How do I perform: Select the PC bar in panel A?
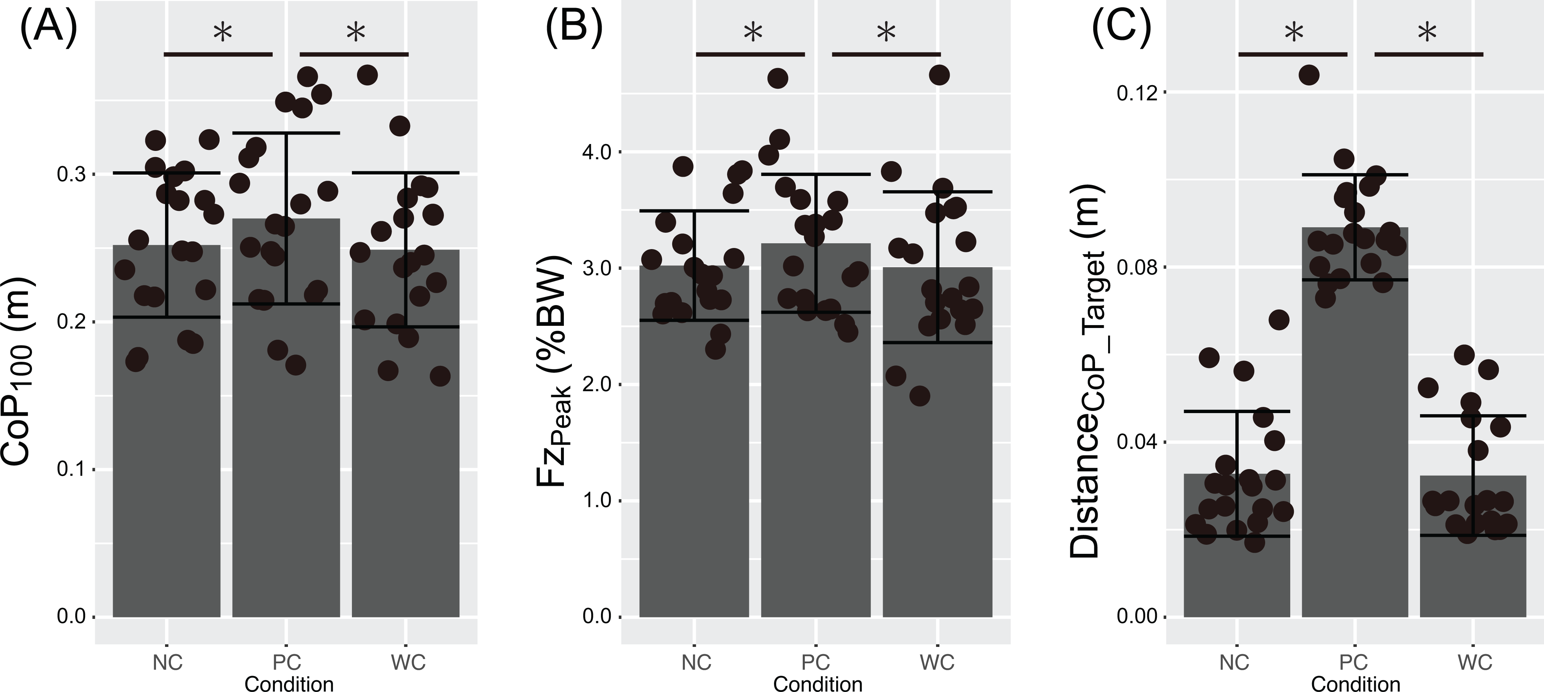tap(286, 417)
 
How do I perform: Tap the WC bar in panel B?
tap(938, 442)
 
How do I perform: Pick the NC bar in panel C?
tap(1236, 545)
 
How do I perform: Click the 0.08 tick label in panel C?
tap(1137, 267)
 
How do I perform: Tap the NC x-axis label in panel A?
tap(167, 662)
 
